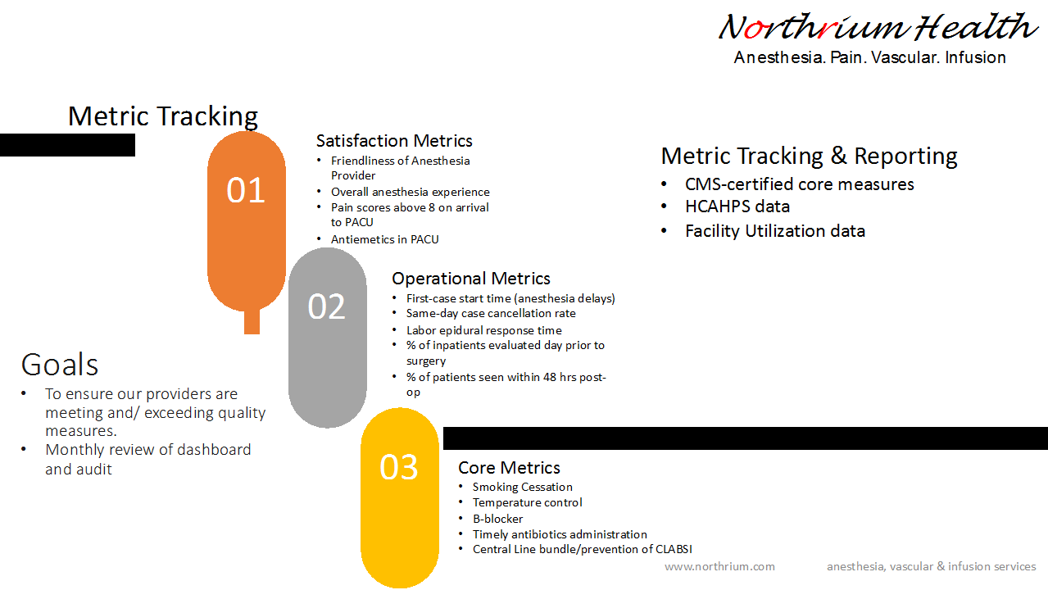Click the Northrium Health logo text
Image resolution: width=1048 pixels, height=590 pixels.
click(x=878, y=28)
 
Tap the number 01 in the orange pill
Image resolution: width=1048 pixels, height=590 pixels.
click(x=246, y=190)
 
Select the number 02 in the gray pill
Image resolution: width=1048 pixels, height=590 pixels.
click(x=327, y=306)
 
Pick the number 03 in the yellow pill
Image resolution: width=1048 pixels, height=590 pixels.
click(x=399, y=467)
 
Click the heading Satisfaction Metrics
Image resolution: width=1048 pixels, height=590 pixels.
click(x=394, y=141)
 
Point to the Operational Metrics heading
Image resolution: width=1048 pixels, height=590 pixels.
click(x=471, y=279)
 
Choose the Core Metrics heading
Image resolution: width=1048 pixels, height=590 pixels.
click(x=509, y=468)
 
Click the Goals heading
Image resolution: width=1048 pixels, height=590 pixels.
click(x=60, y=364)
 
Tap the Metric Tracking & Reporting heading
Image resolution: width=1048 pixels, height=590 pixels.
click(x=809, y=156)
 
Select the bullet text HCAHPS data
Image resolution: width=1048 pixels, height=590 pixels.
click(x=737, y=206)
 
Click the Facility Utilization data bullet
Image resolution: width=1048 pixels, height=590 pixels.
click(x=775, y=231)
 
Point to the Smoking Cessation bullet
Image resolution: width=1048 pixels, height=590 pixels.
click(x=522, y=487)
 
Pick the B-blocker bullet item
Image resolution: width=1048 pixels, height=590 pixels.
click(x=497, y=519)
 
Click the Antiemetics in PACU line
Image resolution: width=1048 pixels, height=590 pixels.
click(x=384, y=239)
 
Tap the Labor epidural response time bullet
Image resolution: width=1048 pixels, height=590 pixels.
click(x=483, y=330)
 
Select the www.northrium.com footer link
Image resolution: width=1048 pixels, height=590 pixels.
click(x=719, y=566)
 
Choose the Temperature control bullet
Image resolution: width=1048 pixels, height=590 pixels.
click(x=527, y=502)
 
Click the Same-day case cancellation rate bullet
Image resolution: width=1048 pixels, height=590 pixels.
click(x=491, y=313)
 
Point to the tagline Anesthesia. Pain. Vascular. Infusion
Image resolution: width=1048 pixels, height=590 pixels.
click(x=869, y=57)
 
